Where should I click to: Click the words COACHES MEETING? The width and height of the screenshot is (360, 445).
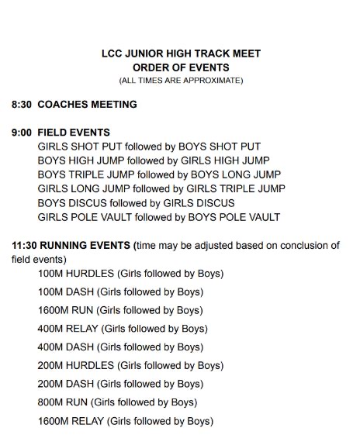point(87,104)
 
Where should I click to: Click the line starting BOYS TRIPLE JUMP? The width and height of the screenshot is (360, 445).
point(159,174)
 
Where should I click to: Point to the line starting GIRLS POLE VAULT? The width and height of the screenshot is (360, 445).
point(159,217)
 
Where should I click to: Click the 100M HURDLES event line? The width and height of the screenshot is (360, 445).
point(130,274)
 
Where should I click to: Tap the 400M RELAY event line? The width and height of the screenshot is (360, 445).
point(124,329)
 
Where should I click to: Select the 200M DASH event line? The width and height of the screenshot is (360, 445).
point(120,384)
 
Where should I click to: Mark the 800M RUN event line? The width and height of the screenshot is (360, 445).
point(117,402)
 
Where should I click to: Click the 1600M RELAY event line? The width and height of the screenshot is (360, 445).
point(125,421)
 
